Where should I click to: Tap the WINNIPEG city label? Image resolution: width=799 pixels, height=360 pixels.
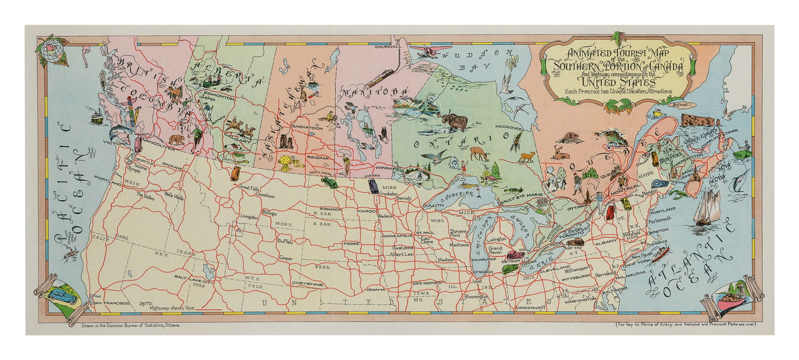tap(390, 183)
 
